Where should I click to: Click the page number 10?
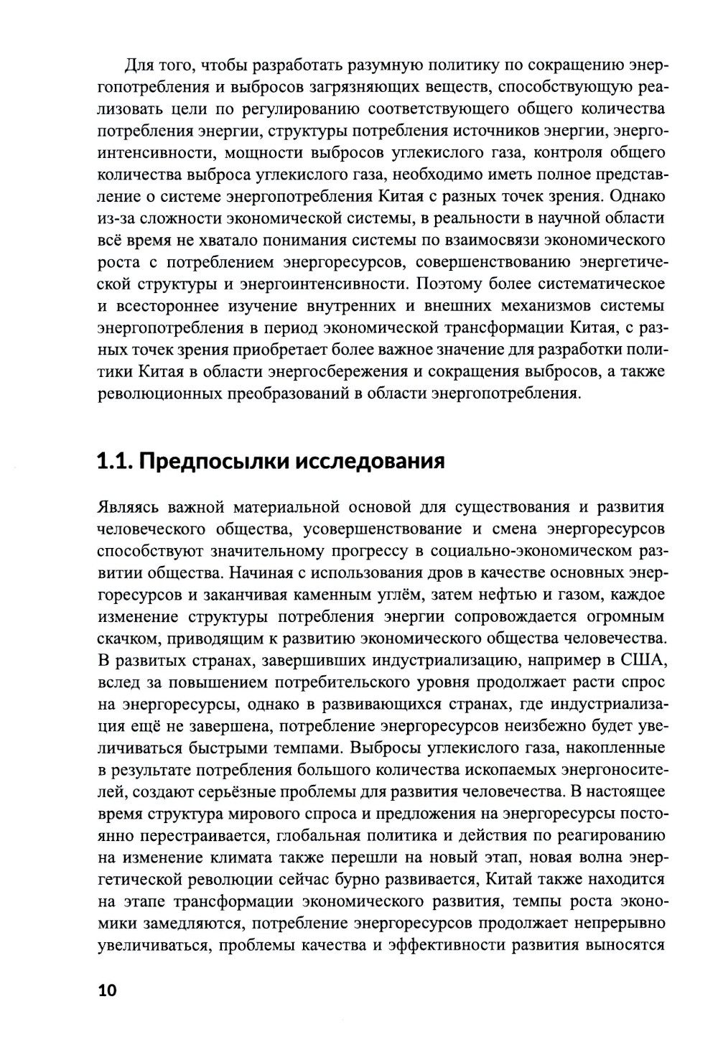(x=106, y=990)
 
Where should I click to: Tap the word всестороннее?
(x=159, y=307)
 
